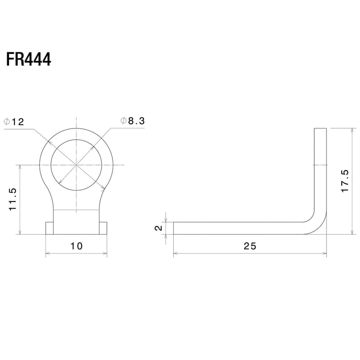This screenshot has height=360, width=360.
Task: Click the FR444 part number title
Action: tap(29, 60)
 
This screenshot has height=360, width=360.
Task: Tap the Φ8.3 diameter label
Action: tap(132, 121)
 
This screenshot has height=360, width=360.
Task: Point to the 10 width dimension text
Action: tap(76, 246)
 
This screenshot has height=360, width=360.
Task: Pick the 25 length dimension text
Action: tap(250, 246)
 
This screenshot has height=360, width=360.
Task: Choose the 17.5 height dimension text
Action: tap(344, 181)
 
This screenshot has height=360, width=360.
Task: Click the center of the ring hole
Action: tap(76, 165)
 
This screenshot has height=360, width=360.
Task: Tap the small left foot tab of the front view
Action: tap(49, 228)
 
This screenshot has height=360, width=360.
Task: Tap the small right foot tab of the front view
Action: tap(103, 228)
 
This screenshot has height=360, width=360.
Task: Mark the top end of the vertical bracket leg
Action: tap(320, 129)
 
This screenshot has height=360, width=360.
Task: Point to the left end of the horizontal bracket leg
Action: tap(174, 228)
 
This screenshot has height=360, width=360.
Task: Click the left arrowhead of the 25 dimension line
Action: tap(176, 253)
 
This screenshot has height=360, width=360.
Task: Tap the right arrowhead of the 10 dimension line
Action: tap(105, 253)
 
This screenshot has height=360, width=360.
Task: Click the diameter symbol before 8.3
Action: tap(123, 121)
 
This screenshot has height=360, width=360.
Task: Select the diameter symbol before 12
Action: tap(7, 122)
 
